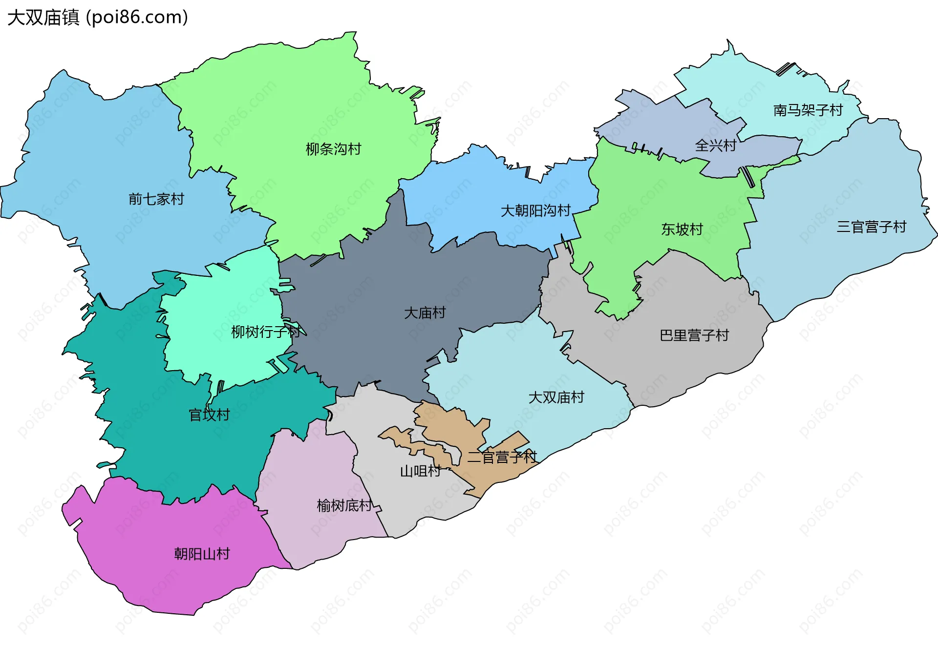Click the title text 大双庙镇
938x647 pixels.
(43, 18)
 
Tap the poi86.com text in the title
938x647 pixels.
(137, 18)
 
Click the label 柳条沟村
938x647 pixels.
(333, 149)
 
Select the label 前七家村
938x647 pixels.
(156, 199)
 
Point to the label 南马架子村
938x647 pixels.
(808, 110)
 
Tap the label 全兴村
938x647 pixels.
(715, 146)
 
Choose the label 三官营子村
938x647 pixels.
(871, 227)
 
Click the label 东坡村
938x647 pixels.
(682, 229)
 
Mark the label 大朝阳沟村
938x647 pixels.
(535, 210)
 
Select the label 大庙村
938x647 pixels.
(425, 313)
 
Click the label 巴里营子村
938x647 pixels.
(694, 335)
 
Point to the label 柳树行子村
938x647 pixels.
(265, 332)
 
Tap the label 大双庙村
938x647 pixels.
(556, 397)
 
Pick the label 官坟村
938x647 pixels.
(209, 415)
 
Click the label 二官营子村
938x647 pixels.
(502, 457)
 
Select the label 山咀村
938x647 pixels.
(420, 471)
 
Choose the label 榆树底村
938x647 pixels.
(344, 505)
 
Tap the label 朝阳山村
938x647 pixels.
(202, 554)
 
